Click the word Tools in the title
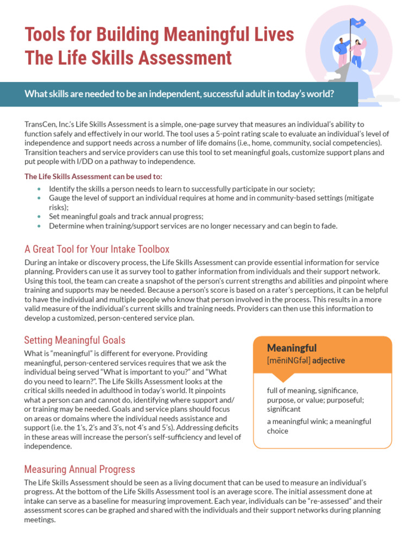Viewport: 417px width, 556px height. point(47,35)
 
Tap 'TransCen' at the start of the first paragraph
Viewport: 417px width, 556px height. point(40,124)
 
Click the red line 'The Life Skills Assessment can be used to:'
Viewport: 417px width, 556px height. point(93,176)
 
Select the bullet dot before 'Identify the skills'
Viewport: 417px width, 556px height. point(39,188)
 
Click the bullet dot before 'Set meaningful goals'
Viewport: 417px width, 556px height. point(39,216)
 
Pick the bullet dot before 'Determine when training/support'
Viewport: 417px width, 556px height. point(39,226)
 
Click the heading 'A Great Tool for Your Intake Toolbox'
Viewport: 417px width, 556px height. point(97,249)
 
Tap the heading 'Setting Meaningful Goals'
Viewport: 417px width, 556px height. point(74,340)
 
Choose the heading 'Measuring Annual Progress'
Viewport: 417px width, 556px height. point(79,469)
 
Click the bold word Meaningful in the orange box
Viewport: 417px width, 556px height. point(292,348)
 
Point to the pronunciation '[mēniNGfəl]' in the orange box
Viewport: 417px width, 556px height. point(288,361)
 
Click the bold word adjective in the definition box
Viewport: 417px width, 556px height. point(329,361)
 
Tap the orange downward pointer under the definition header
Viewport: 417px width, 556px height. point(285,377)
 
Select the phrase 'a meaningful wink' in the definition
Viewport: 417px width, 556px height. point(295,421)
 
